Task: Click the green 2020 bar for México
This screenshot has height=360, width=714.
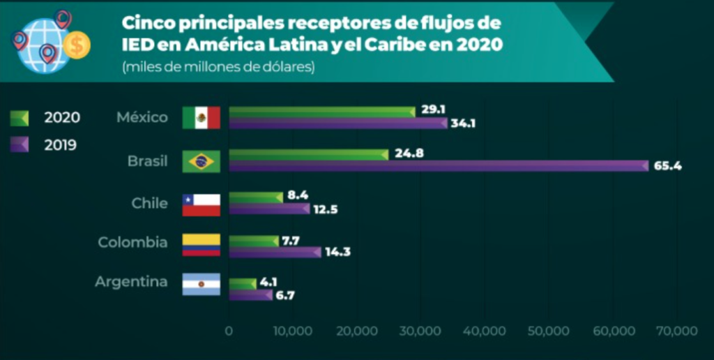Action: [x=321, y=112]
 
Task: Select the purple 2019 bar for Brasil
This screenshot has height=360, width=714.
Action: [x=439, y=166]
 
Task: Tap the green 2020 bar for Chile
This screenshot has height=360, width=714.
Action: [x=255, y=197]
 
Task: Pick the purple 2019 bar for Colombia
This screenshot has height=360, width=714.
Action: [x=275, y=252]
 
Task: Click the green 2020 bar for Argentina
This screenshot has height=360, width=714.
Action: [x=242, y=284]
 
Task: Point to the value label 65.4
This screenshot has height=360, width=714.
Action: [x=667, y=167]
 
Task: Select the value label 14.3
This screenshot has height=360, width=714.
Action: [x=337, y=252]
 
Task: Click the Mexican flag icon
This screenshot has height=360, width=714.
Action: [x=201, y=118]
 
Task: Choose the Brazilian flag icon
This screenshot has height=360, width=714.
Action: [x=201, y=161]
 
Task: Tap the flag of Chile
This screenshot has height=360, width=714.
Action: [x=201, y=204]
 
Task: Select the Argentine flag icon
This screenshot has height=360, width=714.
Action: [x=201, y=284]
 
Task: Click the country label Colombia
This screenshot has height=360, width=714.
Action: [x=132, y=243]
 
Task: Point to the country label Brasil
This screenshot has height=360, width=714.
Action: [x=147, y=161]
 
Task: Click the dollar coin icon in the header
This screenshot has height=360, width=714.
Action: [x=77, y=46]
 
